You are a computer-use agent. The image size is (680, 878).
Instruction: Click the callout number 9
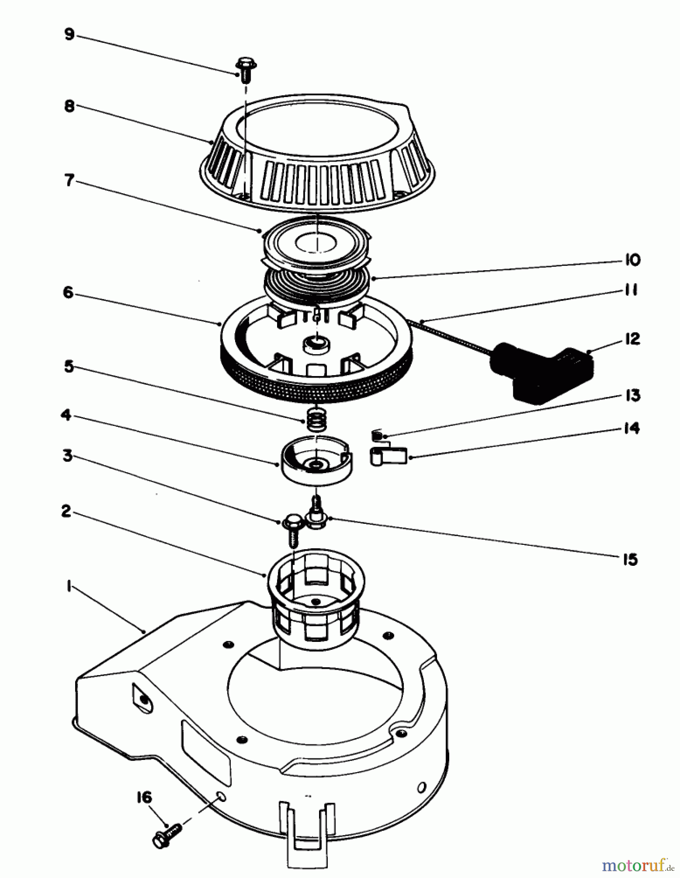[x=69, y=35]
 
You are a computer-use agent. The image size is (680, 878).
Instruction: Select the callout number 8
[x=69, y=106]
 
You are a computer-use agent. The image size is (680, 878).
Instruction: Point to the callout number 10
[x=632, y=260]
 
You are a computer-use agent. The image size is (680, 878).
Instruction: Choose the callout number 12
[x=632, y=339]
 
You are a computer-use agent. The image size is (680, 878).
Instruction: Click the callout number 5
[x=69, y=366]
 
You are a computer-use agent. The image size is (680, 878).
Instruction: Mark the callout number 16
[x=144, y=798]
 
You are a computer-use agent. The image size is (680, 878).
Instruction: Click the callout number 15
[x=630, y=559]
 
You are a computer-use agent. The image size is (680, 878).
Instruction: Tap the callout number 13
[x=632, y=395]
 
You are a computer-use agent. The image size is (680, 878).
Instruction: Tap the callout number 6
[x=68, y=293]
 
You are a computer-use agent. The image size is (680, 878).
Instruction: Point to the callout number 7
[x=69, y=180]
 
